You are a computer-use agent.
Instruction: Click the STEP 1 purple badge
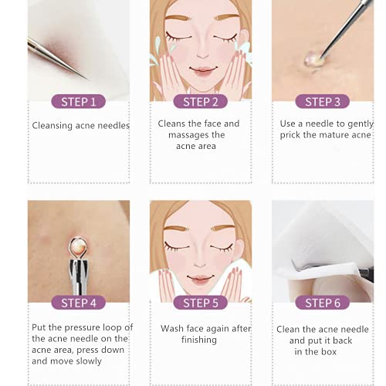[x=79, y=101]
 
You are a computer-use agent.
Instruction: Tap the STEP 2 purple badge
[x=201, y=101]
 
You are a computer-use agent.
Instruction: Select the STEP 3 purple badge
[x=323, y=101]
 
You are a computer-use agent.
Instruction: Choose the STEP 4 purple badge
[x=79, y=303]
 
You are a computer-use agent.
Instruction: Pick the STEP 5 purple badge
[x=201, y=303]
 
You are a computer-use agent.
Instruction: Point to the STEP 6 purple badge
[x=323, y=303]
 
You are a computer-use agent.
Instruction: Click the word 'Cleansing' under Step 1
[x=52, y=126]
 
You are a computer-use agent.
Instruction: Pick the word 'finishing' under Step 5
[x=199, y=340]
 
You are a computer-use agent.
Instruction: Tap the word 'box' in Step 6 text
[x=329, y=351]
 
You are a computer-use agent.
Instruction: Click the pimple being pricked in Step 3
[x=313, y=59]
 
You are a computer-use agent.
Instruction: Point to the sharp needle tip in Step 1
[x=87, y=79]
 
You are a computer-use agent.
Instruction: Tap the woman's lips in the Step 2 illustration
[x=203, y=70]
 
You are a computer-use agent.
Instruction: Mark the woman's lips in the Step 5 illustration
[x=201, y=278]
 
